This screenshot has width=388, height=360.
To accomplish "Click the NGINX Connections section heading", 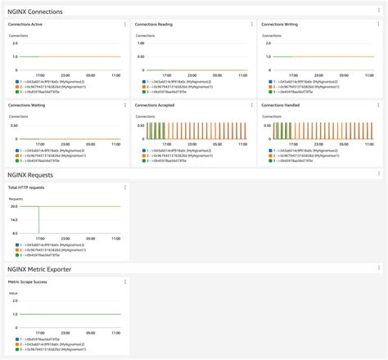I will [x=40, y=11].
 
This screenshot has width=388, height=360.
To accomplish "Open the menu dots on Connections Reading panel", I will [x=251, y=25].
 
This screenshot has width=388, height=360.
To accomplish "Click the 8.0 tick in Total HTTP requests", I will [x=15, y=233].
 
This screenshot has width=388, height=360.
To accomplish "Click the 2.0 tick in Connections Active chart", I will [x=15, y=43].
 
